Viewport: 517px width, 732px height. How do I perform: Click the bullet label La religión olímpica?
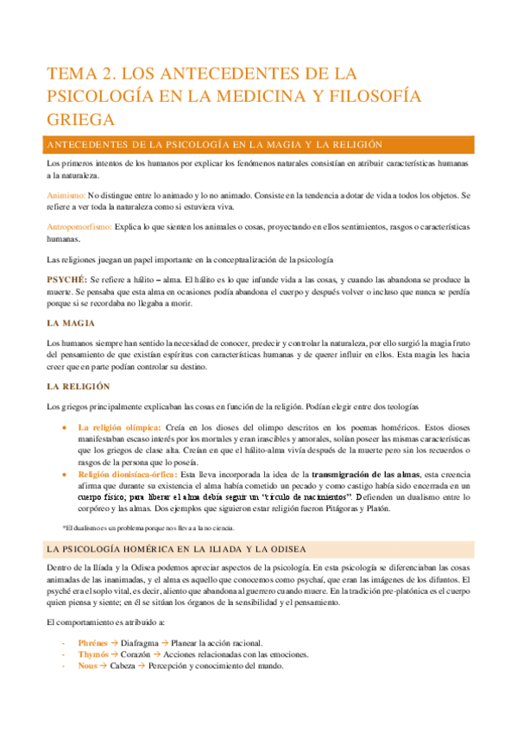click(119, 426)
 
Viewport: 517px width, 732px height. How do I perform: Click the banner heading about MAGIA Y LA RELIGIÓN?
click(216, 144)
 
